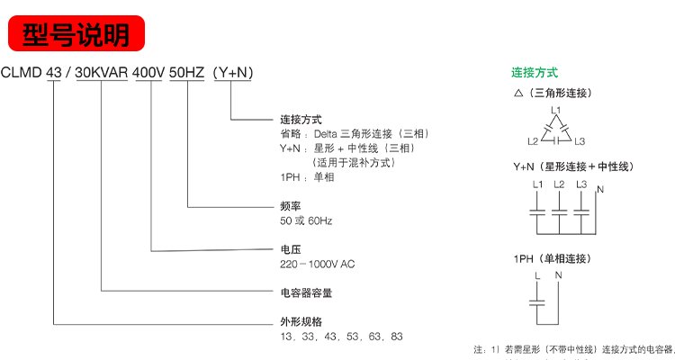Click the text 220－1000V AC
point(319,265)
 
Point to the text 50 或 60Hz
point(305,221)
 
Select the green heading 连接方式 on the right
point(535,72)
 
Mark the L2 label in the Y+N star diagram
point(559,184)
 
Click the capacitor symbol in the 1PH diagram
point(538,296)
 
